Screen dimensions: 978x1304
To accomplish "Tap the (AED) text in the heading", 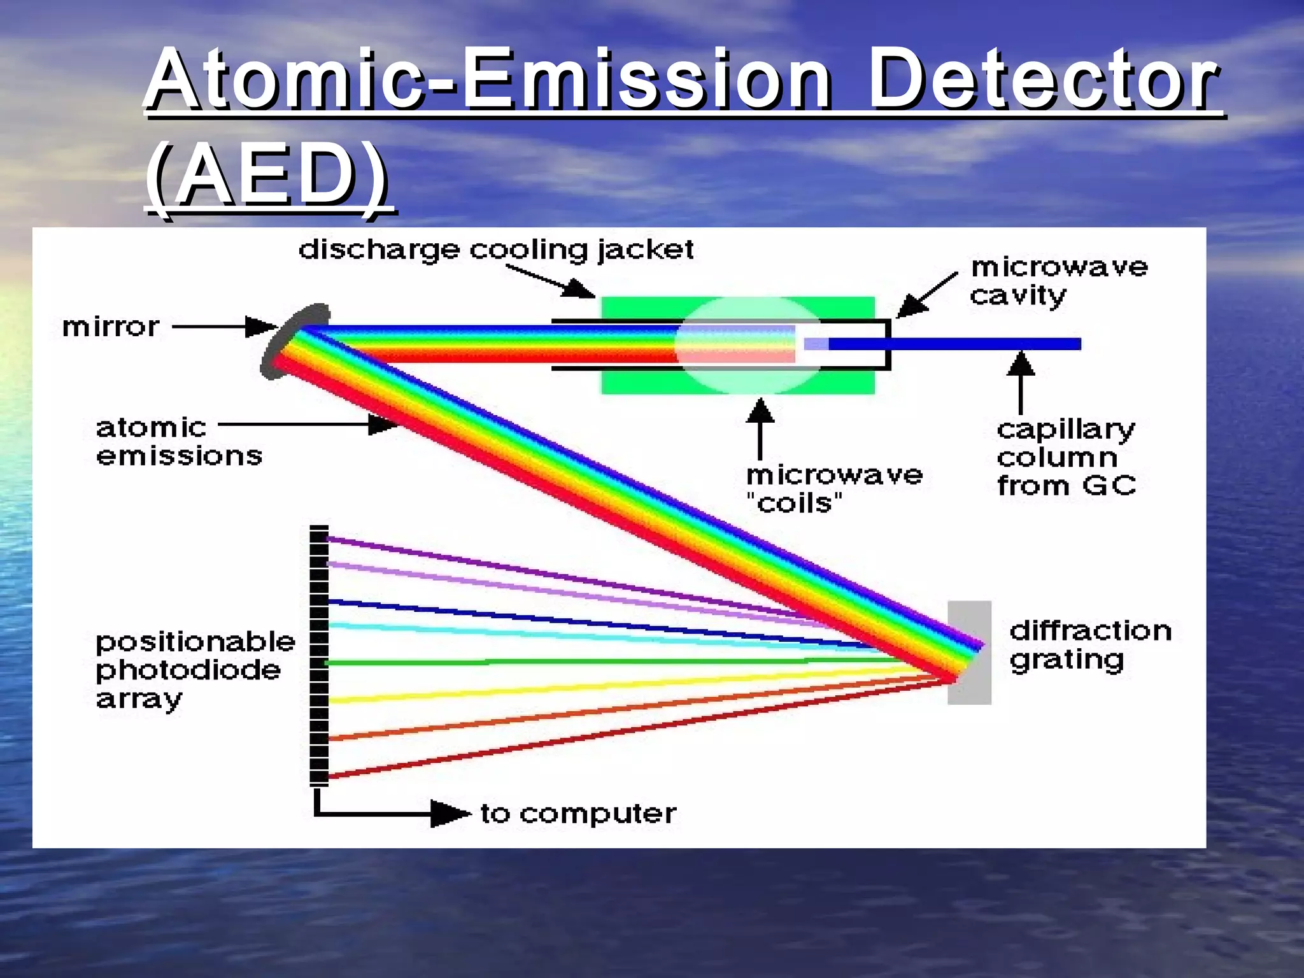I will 266,174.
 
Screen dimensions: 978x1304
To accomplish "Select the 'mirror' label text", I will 111,327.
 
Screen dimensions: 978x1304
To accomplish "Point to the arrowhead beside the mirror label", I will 261,327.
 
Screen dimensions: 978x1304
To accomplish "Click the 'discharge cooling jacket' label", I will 496,250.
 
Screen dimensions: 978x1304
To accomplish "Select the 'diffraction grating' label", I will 1089,645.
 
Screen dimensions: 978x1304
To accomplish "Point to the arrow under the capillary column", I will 1021,382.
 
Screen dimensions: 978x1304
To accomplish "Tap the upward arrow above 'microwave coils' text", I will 760,427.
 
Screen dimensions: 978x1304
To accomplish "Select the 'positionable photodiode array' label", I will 194,670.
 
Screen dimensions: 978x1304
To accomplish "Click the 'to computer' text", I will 578,814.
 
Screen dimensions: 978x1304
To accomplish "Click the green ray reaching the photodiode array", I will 573,662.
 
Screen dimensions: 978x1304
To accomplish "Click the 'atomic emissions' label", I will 178,441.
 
